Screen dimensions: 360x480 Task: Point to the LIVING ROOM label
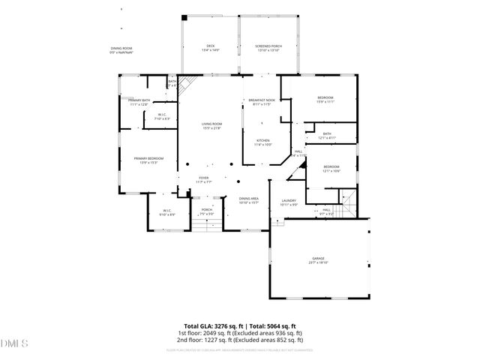211,125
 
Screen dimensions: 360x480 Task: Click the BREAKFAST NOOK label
263,102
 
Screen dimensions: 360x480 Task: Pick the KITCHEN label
263,142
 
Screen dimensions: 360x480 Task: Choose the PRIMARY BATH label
139,102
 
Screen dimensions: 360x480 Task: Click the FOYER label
205,180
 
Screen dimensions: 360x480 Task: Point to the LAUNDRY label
289,202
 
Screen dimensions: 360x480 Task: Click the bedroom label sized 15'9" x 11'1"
325,100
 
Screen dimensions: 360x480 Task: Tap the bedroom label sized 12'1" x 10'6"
331,168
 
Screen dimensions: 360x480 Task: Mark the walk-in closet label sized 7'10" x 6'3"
162,116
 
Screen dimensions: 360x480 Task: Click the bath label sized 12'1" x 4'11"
327,136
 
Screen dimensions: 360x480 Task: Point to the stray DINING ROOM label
121,49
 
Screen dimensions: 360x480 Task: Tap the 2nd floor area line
239,339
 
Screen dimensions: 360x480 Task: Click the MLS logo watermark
13,343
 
